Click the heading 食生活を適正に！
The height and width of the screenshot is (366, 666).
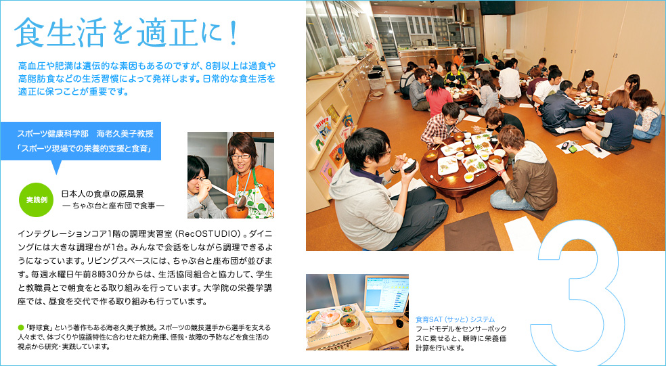(126, 32)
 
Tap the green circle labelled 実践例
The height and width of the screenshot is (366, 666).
(36, 200)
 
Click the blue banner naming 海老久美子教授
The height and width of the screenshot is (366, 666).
(81, 141)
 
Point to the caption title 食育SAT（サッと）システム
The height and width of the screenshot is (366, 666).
(455, 319)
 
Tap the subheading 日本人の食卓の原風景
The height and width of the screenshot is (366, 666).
(102, 194)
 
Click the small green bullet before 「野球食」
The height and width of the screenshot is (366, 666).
(20, 328)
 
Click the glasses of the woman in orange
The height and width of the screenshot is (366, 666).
(240, 156)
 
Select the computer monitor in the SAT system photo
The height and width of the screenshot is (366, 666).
(386, 295)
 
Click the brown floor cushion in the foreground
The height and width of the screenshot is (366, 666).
(472, 231)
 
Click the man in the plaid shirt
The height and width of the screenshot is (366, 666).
(440, 126)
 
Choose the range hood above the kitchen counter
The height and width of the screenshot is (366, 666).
(462, 16)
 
